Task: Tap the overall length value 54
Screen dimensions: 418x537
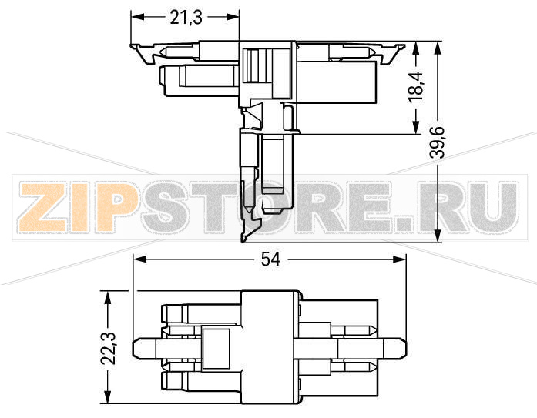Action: pyautogui.click(x=270, y=261)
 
